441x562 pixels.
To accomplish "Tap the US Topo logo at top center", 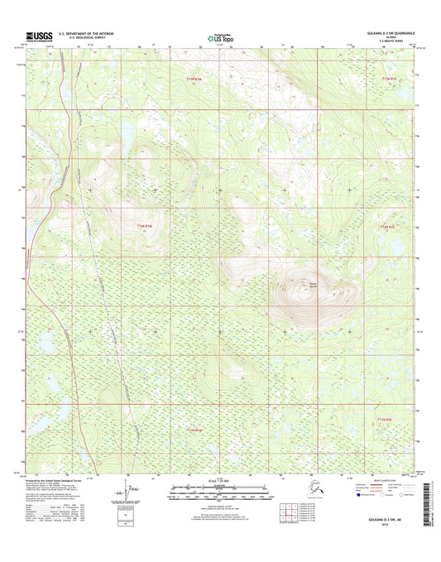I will coord(220,37).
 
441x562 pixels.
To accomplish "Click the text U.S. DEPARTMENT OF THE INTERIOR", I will coord(91,33).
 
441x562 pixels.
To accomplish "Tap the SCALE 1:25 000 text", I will coord(218,481).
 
